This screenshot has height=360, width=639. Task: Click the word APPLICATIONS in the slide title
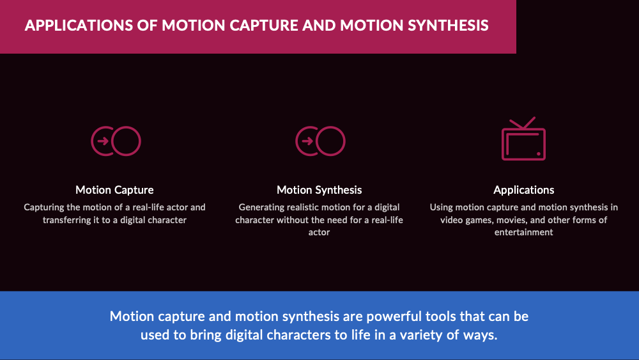pos(79,26)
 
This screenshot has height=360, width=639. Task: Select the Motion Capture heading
pos(114,190)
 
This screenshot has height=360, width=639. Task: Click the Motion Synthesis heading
pos(319,190)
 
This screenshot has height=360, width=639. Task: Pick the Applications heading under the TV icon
pos(524,190)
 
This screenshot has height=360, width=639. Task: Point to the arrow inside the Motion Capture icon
pos(103,141)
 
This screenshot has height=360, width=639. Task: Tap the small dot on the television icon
pos(538,153)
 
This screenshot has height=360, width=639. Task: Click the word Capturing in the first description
pos(44,208)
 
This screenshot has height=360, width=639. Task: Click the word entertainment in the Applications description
pos(524,232)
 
